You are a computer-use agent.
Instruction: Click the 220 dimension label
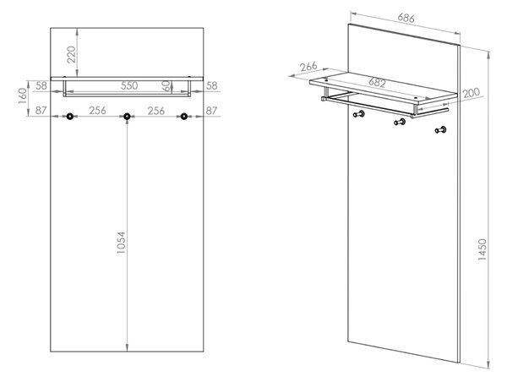tap(71, 55)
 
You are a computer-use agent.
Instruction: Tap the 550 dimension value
tap(129, 85)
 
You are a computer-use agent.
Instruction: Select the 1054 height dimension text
tap(121, 243)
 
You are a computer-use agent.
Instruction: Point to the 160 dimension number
tap(23, 95)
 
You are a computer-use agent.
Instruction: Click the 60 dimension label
tap(166, 85)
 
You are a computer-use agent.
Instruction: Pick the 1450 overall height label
tap(482, 249)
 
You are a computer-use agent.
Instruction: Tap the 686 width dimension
tap(406, 18)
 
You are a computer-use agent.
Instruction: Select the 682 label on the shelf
tap(377, 83)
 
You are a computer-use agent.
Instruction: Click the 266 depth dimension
tap(308, 67)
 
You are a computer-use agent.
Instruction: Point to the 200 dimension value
tap(472, 93)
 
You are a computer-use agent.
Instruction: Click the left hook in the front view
tap(70, 117)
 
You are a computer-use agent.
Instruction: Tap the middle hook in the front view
tap(127, 117)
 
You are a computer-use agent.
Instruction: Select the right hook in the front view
tap(184, 117)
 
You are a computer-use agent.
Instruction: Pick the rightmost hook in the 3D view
tap(440, 130)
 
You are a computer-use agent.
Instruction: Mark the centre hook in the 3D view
tap(400, 122)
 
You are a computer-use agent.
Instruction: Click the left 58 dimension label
tap(41, 85)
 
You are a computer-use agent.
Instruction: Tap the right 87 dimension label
tap(211, 111)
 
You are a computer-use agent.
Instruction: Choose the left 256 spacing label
tap(97, 111)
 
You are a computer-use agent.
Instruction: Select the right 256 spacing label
tap(155, 111)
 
